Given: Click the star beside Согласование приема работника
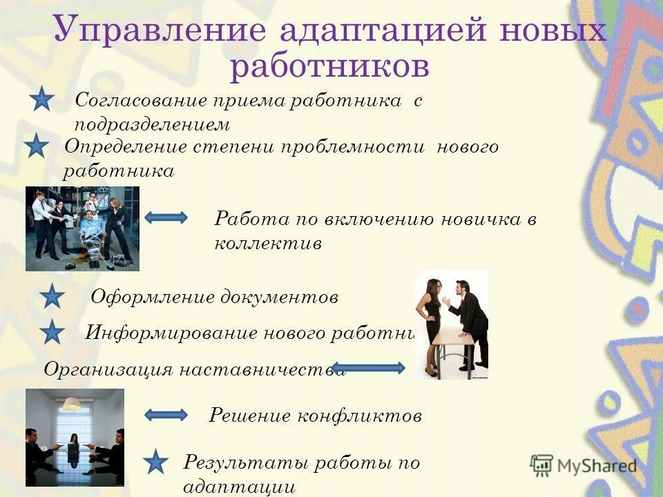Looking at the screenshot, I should click(x=42, y=99).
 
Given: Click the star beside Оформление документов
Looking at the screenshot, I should click(x=52, y=297).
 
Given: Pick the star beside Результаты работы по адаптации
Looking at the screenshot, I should click(x=156, y=462).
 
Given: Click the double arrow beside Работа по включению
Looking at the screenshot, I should click(x=166, y=217).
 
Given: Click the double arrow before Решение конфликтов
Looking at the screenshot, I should click(x=166, y=415).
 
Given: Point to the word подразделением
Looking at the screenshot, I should click(x=151, y=125).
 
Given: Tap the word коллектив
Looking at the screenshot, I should click(x=268, y=244).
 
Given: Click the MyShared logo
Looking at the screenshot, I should click(x=584, y=465).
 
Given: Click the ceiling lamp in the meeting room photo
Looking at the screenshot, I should click(x=72, y=404).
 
